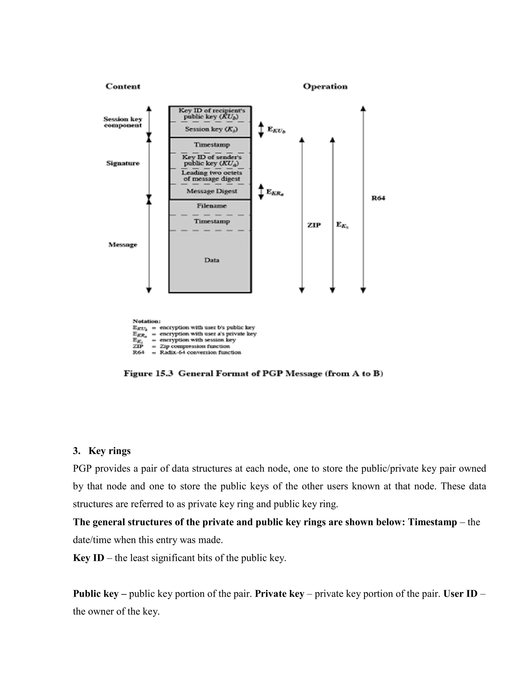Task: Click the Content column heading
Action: [123, 86]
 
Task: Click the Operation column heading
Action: [325, 86]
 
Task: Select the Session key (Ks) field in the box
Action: [211, 129]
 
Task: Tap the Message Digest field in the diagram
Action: [211, 191]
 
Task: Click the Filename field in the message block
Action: [211, 206]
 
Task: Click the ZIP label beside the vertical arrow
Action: [314, 225]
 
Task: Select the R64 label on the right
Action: [378, 198]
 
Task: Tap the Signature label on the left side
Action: [123, 163]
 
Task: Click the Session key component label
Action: [123, 122]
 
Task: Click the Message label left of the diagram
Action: [123, 245]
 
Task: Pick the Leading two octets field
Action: [211, 176]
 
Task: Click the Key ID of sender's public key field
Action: [211, 160]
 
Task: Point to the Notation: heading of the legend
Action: [146, 321]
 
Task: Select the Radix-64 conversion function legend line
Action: [200, 352]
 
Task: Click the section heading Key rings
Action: [109, 451]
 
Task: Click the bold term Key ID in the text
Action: [89, 558]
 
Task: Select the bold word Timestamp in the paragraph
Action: [432, 522]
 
